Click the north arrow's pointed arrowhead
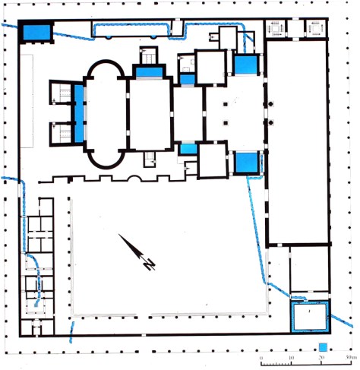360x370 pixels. (x=121, y=238)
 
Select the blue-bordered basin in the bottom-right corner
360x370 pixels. (x=310, y=316)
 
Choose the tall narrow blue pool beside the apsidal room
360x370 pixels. (x=79, y=114)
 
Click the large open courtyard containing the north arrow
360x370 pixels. (x=167, y=255)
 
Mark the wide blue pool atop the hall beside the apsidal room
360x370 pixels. (x=149, y=71)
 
